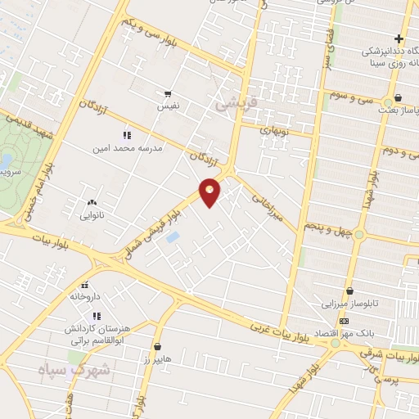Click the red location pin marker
[x=210, y=192]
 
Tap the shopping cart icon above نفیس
[x=168, y=94]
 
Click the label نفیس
[x=169, y=106]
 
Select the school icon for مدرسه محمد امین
[x=127, y=135]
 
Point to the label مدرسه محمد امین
[x=130, y=148]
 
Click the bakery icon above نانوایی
[x=92, y=202]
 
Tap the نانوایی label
[x=92, y=216]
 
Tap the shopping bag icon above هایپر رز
[x=157, y=347]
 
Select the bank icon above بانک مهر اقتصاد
[x=344, y=322]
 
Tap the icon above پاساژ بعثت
[x=398, y=99]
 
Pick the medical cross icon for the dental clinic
[x=399, y=38]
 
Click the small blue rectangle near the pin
[x=173, y=237]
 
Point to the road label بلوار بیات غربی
[x=282, y=331]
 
